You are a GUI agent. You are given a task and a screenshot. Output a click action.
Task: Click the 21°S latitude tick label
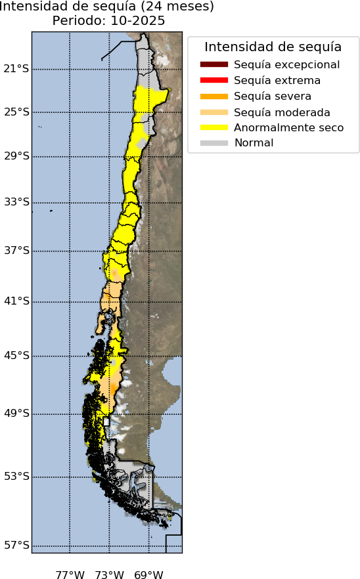click(16, 69)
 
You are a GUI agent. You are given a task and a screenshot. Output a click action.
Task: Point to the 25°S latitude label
click(16, 112)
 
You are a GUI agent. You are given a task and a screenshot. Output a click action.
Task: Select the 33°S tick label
click(16, 202)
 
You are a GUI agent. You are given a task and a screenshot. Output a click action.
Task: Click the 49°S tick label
click(16, 414)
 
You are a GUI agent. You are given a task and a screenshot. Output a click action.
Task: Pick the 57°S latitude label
click(16, 546)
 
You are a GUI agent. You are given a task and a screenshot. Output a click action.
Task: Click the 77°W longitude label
click(70, 576)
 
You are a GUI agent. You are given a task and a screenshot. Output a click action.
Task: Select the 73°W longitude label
click(109, 576)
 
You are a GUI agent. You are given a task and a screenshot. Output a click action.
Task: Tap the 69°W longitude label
click(148, 576)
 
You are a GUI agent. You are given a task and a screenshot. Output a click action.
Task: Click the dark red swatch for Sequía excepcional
click(214, 64)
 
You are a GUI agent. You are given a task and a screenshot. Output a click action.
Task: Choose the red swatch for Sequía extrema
click(214, 80)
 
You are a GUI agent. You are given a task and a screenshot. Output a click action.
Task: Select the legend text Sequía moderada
click(282, 112)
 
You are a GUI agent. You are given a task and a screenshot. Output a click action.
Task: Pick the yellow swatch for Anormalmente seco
click(214, 127)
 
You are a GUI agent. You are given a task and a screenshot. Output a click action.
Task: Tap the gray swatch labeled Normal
click(214, 143)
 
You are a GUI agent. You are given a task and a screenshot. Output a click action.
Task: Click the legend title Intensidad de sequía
click(273, 47)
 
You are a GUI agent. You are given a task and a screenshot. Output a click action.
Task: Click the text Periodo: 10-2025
click(108, 21)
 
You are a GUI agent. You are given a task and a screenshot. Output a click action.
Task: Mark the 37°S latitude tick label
click(16, 251)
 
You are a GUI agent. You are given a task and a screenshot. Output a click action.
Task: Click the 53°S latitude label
click(16, 477)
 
